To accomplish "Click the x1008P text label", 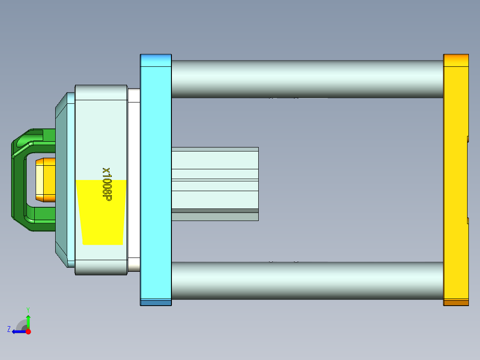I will coord(106,184).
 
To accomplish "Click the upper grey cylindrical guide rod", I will coord(307,79).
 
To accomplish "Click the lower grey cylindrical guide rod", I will coord(307,280).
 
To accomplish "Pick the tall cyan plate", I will coord(156,178).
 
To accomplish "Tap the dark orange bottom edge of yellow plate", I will coord(456,303).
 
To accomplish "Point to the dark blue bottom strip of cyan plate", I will coord(156,303).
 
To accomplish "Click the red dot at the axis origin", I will coord(28,331).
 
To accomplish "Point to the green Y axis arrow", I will coord(28,321).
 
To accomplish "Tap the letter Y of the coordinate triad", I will coord(28,309).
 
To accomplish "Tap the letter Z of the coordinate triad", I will coord(9,329).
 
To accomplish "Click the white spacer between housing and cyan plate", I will coord(134,178).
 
